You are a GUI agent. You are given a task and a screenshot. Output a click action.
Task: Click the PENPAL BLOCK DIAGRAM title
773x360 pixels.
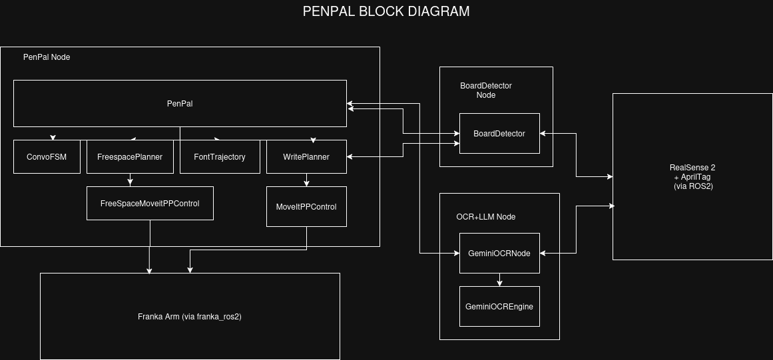coord(386,11)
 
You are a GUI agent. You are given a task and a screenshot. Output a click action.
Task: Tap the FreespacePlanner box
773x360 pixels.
coord(130,157)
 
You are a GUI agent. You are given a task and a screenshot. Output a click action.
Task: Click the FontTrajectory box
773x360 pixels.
coord(220,157)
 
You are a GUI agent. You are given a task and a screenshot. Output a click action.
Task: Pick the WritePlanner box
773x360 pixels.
coord(306,157)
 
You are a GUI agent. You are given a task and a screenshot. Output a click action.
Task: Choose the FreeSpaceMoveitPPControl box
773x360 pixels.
coord(150,203)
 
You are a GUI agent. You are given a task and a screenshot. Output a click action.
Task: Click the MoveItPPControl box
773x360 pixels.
coord(306,207)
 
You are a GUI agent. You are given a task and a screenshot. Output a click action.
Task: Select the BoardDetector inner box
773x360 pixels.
coord(499,134)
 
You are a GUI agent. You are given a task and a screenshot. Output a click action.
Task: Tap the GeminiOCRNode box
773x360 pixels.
coord(499,253)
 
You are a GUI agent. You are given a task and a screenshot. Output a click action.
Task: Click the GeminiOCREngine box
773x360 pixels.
coord(499,307)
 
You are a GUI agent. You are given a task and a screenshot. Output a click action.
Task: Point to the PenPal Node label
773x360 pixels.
coord(47,57)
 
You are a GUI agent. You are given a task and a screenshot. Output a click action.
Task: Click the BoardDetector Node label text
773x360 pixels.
coord(486,90)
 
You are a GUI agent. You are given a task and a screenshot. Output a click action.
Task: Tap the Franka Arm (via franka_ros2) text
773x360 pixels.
coord(190,317)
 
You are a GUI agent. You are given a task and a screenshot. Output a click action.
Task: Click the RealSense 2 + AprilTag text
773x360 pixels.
coord(693,177)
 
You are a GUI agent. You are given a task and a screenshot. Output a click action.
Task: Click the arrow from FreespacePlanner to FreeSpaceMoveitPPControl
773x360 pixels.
coord(130,180)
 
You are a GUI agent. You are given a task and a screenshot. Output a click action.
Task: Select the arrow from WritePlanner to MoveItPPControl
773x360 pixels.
coord(306,180)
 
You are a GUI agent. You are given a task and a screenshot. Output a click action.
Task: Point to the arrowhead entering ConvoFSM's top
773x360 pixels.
coord(53,137)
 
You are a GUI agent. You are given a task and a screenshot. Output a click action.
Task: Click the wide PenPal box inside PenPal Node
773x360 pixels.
coord(180,104)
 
